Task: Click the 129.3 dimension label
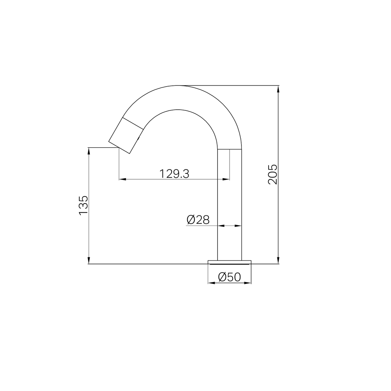174,173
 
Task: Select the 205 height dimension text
272,174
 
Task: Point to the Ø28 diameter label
198,220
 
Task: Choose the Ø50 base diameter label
230,277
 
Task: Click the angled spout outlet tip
119,147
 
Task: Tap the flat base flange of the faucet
230,262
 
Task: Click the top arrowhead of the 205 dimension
278,90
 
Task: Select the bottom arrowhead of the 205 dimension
278,259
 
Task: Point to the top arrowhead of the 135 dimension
89,152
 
